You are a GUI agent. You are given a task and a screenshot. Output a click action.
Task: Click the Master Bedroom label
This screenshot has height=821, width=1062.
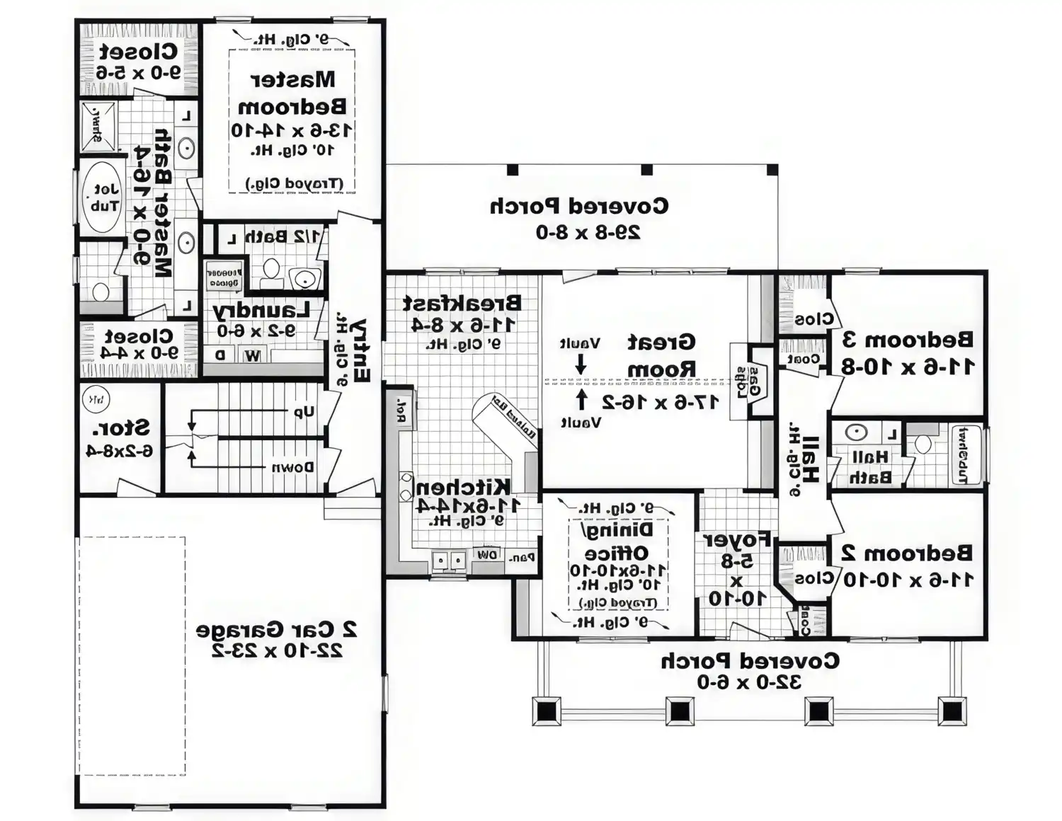click(x=292, y=93)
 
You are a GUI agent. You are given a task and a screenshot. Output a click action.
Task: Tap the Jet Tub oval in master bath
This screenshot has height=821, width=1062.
click(x=104, y=197)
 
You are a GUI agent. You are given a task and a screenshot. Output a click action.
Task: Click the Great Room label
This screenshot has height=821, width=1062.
click(x=661, y=355)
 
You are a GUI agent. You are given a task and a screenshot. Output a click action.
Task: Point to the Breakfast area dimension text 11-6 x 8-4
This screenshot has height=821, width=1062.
click(x=463, y=324)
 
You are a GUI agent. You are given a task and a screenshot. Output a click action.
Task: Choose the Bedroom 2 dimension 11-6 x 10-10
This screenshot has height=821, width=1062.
click(x=907, y=580)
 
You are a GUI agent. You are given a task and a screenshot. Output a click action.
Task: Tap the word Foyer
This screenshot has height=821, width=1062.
click(x=736, y=540)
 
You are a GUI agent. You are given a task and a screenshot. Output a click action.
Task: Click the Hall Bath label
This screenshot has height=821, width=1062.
click(x=869, y=467)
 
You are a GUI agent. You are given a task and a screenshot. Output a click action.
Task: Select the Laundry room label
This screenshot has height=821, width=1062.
click(x=261, y=311)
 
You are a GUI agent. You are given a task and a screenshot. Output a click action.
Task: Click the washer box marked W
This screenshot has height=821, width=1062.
click(x=252, y=356)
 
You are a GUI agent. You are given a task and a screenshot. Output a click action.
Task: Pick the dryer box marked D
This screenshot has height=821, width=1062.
click(x=220, y=355)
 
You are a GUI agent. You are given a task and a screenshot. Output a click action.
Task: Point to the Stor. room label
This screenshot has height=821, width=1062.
click(x=121, y=428)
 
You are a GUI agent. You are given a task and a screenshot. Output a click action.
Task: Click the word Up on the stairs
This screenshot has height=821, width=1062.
click(x=304, y=412)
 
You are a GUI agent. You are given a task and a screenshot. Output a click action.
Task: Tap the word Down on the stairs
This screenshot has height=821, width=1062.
click(x=293, y=467)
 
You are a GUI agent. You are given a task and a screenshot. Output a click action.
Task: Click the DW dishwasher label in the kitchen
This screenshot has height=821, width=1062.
click(x=487, y=556)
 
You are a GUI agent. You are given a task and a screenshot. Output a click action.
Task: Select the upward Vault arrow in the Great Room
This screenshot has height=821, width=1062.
click(x=581, y=401)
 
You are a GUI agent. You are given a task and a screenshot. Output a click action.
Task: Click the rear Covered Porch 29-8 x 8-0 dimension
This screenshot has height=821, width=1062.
click(x=588, y=232)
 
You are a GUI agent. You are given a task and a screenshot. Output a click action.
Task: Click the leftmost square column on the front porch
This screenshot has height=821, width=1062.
click(x=547, y=711)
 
